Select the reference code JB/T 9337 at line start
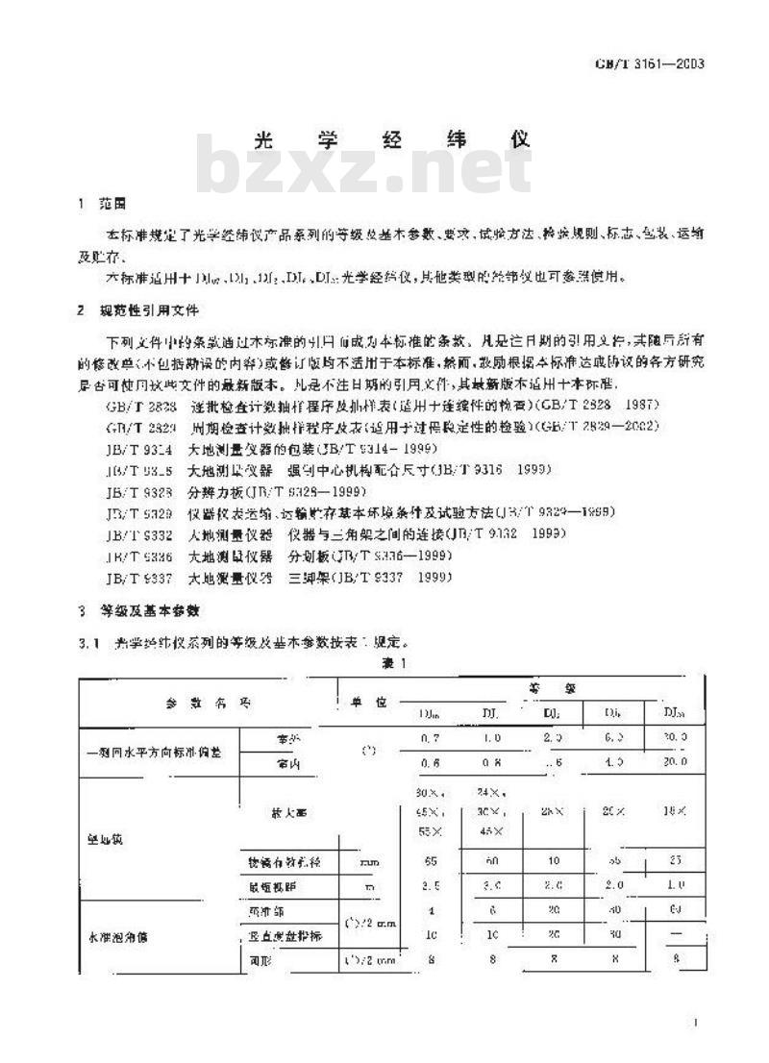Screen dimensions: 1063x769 click(x=139, y=577)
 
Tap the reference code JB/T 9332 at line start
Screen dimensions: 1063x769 click(x=139, y=535)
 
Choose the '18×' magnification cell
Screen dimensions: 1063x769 click(x=675, y=813)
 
